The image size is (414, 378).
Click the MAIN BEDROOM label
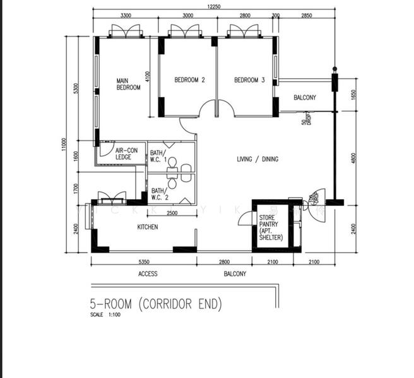128,84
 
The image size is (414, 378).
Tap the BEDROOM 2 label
190,80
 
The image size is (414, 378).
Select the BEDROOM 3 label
249,80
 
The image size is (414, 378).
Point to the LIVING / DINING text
257,159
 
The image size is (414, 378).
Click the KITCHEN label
148,227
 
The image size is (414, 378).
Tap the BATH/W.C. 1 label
158,156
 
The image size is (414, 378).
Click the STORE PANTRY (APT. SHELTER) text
271,227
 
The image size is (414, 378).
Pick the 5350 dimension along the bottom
144,261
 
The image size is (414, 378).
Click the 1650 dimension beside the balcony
353,94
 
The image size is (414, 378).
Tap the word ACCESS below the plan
148,274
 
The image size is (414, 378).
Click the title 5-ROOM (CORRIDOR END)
157,304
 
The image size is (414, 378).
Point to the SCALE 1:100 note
105,315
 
